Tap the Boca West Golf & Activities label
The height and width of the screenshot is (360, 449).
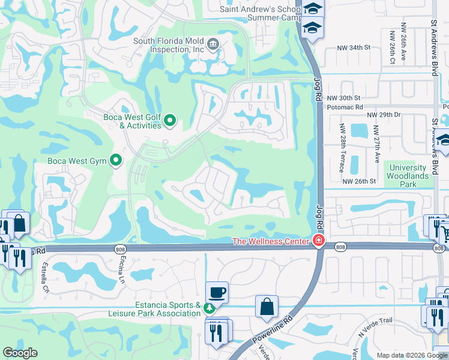[x=132, y=121]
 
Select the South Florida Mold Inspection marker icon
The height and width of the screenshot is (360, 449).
[x=213, y=44]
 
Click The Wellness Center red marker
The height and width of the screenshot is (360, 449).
[x=319, y=242]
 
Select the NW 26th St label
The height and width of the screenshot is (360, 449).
[x=360, y=181]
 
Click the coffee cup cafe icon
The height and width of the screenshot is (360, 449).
[x=217, y=293]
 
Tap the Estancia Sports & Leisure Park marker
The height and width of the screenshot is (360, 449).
[x=209, y=309]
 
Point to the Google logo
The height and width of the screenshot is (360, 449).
[x=20, y=353]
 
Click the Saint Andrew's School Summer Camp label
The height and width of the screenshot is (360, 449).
[x=259, y=13]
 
